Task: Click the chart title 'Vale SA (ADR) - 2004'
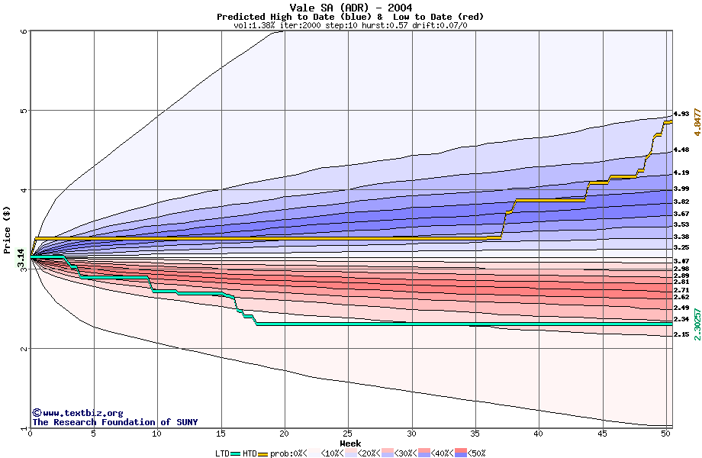pos(350,8)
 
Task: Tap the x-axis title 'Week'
pos(350,443)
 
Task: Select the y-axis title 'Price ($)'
pos(7,229)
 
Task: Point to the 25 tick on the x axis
pos(348,434)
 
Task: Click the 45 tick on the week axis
pos(602,434)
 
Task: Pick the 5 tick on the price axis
pos(24,111)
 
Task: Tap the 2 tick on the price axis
pos(24,349)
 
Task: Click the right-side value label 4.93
pos(681,114)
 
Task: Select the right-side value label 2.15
pos(681,334)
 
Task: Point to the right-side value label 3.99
pos(681,189)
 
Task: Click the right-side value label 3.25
pos(681,248)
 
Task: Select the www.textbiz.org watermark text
pos(77,413)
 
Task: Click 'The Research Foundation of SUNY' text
pos(112,422)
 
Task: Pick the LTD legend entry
pos(222,453)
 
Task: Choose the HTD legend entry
pos(250,453)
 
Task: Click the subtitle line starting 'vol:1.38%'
pos(350,25)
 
